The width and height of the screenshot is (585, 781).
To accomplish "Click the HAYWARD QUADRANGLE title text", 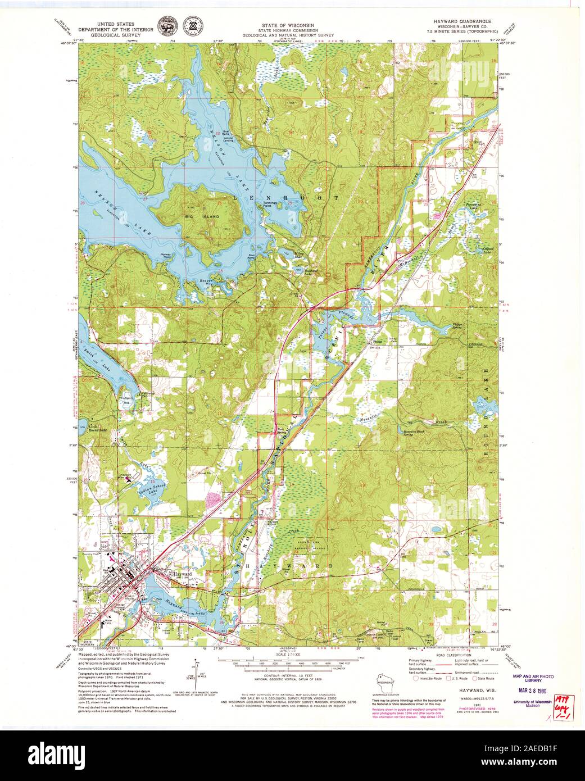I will [465, 20].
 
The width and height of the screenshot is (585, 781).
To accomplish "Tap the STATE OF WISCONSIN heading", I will [287, 25].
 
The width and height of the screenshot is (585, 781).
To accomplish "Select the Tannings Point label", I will [273, 205].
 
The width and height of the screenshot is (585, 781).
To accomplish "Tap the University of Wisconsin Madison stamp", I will [532, 705].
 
